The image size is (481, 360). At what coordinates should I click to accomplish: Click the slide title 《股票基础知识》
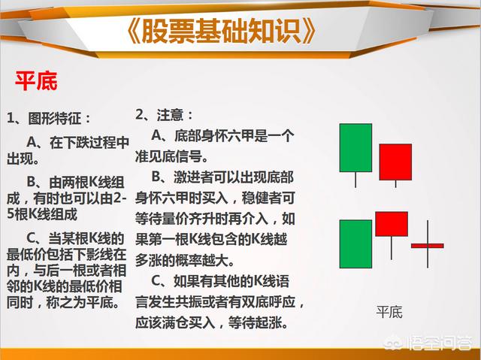tap(221, 31)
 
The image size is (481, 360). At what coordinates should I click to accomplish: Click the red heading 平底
tap(36, 81)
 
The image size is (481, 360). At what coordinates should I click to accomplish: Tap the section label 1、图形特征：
tap(48, 118)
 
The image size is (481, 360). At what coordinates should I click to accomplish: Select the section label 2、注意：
tap(164, 115)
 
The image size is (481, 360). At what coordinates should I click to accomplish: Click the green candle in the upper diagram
tap(355, 147)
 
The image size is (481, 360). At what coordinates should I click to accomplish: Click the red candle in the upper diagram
tap(395, 162)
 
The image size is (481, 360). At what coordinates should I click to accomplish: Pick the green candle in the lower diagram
tap(355, 244)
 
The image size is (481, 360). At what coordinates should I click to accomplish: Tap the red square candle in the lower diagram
tap(392, 224)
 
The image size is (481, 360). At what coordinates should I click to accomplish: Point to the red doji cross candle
tap(428, 245)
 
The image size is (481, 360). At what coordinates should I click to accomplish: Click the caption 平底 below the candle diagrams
tap(389, 312)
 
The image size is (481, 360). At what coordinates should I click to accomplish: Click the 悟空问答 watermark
tap(429, 342)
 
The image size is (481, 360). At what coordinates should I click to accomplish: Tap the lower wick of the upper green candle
tap(355, 180)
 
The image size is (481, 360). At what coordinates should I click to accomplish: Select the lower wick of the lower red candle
tap(392, 248)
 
